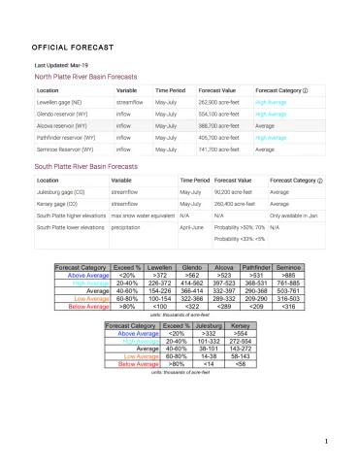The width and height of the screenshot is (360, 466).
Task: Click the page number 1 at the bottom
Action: [x=329, y=442]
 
